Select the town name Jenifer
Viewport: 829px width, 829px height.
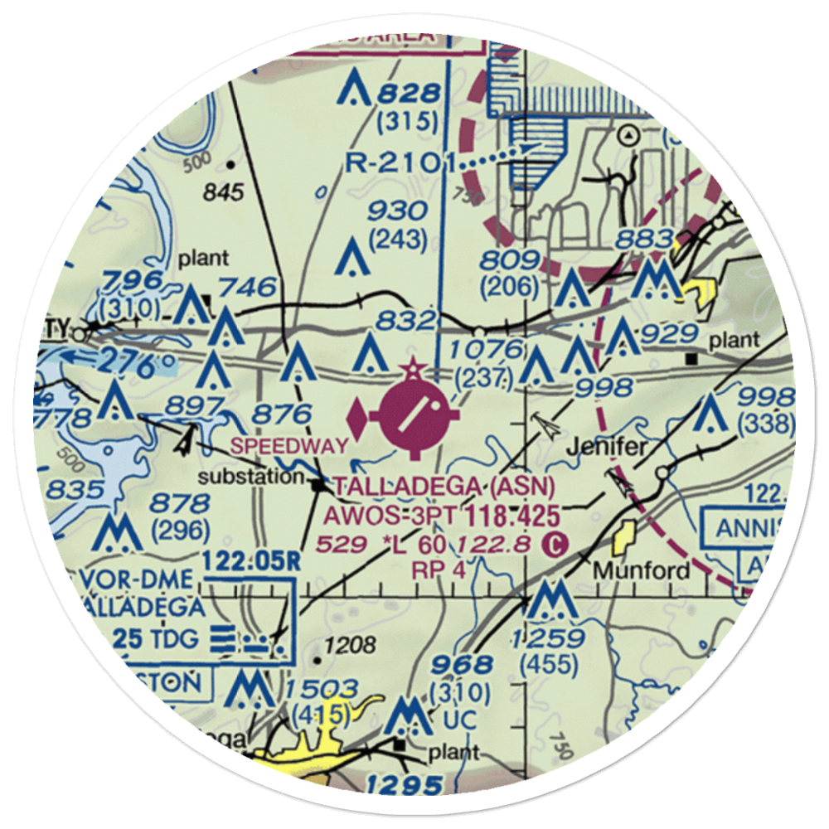[x=607, y=447]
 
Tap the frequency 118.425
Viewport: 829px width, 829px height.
[x=508, y=516]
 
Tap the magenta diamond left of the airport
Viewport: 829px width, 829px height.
[x=358, y=419]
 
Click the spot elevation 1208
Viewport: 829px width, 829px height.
[x=352, y=644]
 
